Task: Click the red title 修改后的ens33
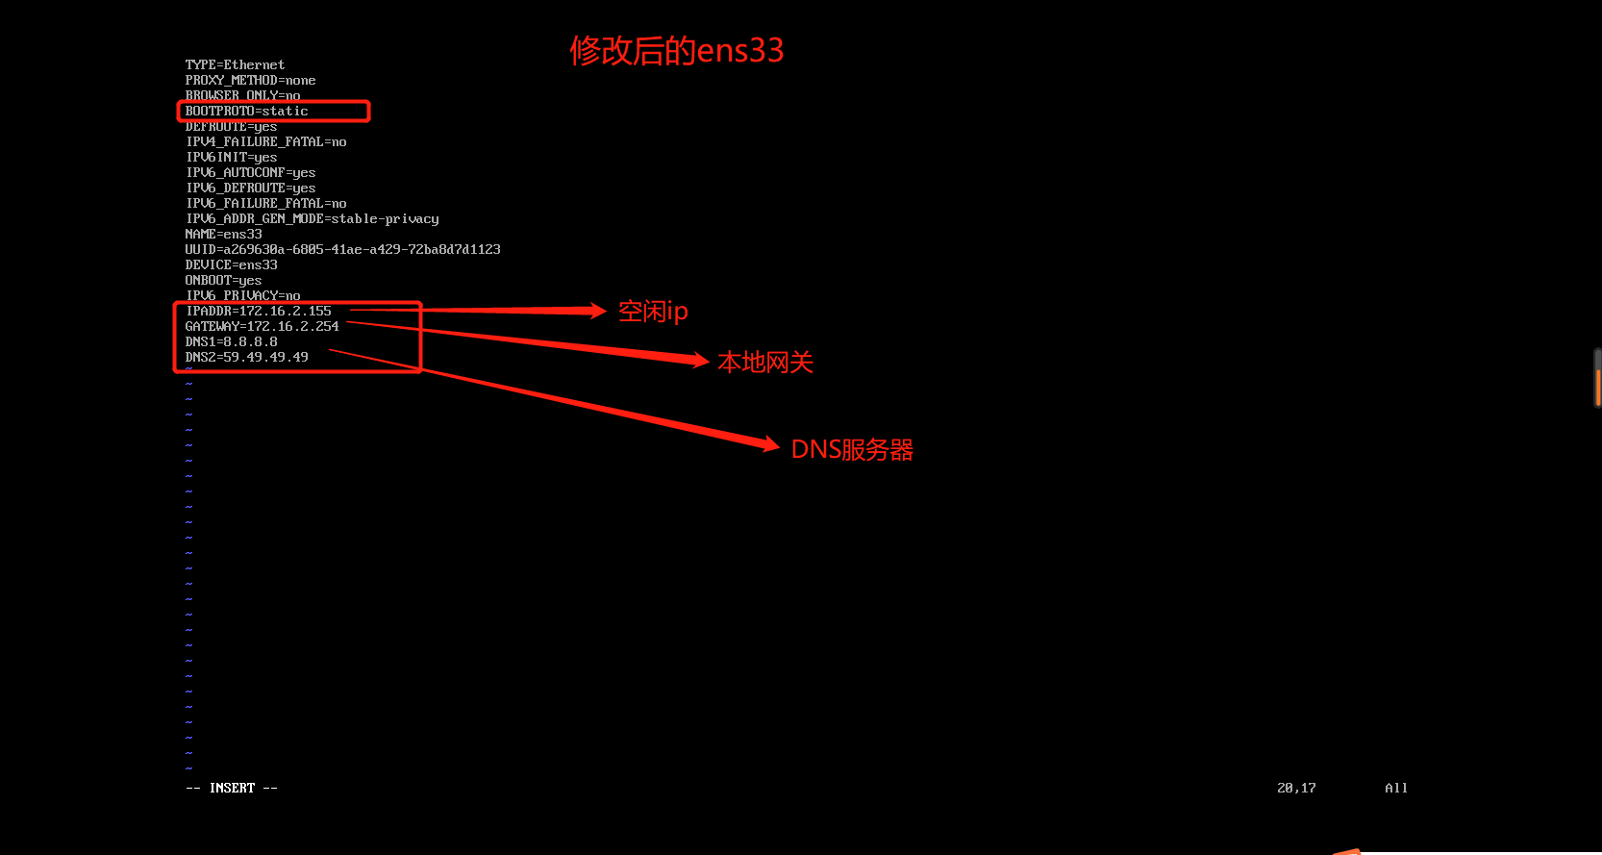point(676,50)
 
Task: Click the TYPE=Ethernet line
point(235,64)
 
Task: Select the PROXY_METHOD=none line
point(250,80)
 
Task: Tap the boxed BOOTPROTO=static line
point(247,111)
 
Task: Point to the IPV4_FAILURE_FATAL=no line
point(266,141)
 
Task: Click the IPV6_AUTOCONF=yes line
point(251,172)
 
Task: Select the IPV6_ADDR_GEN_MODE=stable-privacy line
point(313,218)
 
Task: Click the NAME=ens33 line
point(224,234)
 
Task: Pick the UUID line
point(342,249)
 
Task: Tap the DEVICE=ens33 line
point(232,264)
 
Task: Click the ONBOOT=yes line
point(223,280)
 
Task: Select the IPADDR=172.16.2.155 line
point(259,311)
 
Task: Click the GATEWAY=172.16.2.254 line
point(262,326)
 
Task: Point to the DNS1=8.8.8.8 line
point(232,341)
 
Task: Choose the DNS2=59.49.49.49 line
point(247,357)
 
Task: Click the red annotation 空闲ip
point(653,312)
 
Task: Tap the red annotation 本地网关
point(765,363)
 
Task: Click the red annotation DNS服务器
point(852,449)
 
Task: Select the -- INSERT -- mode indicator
point(232,788)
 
